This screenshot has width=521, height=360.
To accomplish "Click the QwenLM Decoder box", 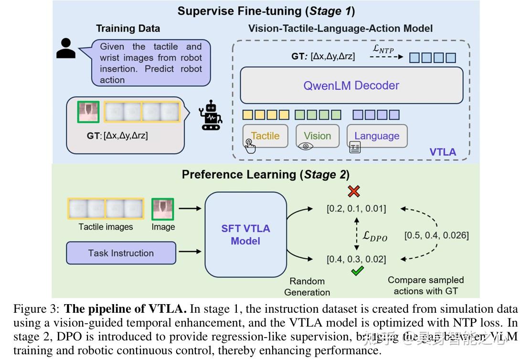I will (x=351, y=85).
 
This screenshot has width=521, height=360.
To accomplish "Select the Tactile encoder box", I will (x=265, y=136).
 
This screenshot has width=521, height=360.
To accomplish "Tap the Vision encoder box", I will (x=317, y=136).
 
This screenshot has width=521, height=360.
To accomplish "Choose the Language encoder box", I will (x=377, y=136).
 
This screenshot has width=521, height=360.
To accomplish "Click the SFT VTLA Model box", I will (x=245, y=234).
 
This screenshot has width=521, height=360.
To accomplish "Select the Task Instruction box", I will (x=121, y=253).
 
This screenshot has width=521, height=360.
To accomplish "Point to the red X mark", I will (x=353, y=191).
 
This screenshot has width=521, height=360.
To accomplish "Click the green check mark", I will (x=357, y=271).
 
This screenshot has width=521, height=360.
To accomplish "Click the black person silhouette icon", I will (x=66, y=47).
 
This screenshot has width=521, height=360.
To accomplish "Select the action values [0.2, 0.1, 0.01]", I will (x=356, y=209).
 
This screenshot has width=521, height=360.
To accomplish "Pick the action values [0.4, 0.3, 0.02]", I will (x=356, y=259).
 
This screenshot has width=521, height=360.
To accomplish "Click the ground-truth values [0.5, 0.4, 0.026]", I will (x=436, y=235).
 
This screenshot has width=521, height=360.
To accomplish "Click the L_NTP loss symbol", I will (x=383, y=48).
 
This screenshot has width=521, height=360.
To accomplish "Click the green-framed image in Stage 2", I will (x=163, y=210).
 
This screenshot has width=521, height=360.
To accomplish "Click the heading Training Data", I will (x=128, y=28).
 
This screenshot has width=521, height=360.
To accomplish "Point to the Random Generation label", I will (x=307, y=286).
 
